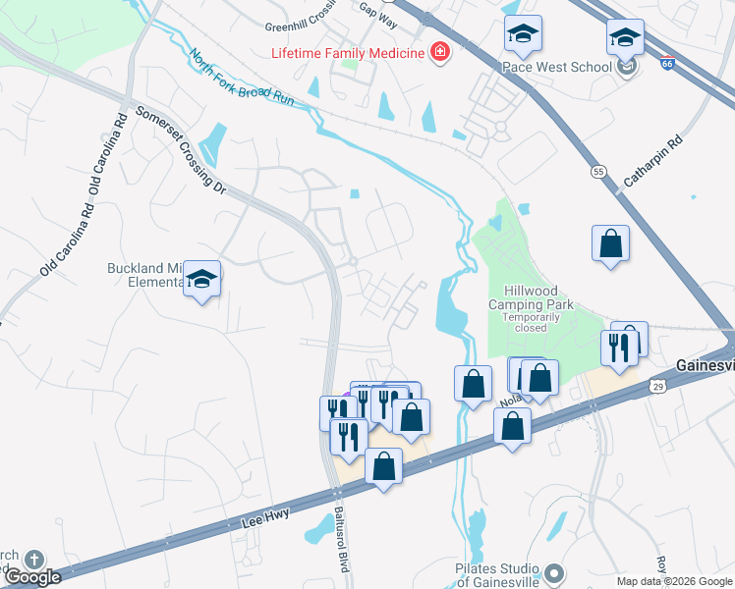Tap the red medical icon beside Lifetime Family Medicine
[439, 52]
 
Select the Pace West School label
[557, 67]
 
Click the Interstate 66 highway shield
[668, 61]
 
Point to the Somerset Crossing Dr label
[181, 148]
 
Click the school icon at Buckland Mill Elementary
[202, 279]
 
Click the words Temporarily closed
[531, 323]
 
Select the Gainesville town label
[705, 365]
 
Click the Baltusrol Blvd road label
[341, 530]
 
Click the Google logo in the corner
[32, 577]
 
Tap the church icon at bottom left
[32, 559]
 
